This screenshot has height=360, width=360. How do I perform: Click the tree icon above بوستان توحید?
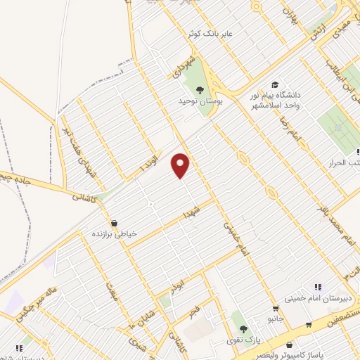pos(200,89)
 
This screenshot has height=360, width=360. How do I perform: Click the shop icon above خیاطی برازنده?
pos(114,223)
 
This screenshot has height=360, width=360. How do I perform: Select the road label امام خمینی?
pos(236,238)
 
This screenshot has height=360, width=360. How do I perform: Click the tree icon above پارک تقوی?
pos(243,329)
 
